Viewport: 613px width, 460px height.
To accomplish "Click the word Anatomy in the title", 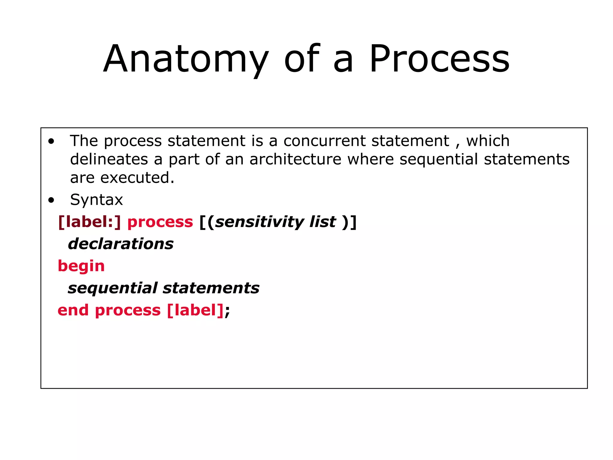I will click(186, 59).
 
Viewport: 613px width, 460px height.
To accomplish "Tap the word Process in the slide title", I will click(439, 59).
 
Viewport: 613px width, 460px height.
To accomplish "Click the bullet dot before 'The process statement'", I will click(51, 141).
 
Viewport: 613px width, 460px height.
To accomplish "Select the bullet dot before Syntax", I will click(51, 200).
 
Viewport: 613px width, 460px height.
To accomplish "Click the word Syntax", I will click(96, 200).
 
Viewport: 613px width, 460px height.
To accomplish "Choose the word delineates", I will click(109, 159).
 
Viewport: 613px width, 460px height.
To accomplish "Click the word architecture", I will click(295, 159).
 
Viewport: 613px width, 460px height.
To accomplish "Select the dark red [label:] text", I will click(89, 222).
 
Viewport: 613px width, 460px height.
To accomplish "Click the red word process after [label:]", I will click(160, 222).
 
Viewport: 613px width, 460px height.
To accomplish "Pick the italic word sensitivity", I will click(260, 222).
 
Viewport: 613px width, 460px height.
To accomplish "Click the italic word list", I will click(323, 222).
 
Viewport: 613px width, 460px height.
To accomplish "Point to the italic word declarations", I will click(121, 244).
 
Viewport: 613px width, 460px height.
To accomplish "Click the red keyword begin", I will click(81, 266).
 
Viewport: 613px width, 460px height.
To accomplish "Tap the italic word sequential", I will click(113, 288).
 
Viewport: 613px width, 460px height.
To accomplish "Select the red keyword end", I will click(73, 310).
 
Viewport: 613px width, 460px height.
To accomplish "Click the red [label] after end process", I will click(195, 310).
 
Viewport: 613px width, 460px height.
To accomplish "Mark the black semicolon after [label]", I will click(227, 311).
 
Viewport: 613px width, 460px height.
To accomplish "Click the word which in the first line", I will click(488, 141).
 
